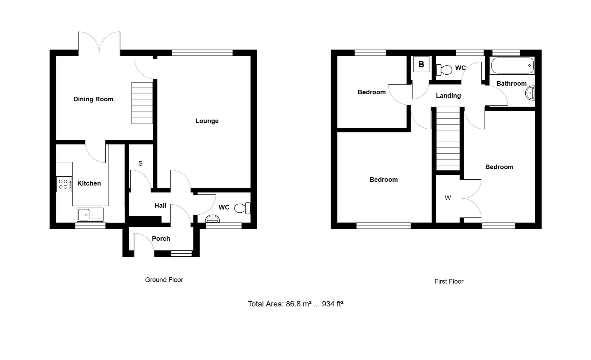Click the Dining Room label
(93, 99)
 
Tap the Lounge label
(207, 121)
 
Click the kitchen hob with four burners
(64, 184)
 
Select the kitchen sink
(90, 215)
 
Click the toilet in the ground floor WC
(242, 208)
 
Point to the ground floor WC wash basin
(212, 219)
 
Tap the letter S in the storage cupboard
(140, 163)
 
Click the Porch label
(161, 239)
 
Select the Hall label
(160, 206)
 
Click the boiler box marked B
(421, 64)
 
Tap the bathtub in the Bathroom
(512, 66)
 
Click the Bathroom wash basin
(530, 93)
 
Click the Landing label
(448, 96)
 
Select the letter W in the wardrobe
(448, 198)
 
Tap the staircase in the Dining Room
(142, 103)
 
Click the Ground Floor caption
(164, 280)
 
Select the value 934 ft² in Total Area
(333, 304)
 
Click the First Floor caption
(449, 282)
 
